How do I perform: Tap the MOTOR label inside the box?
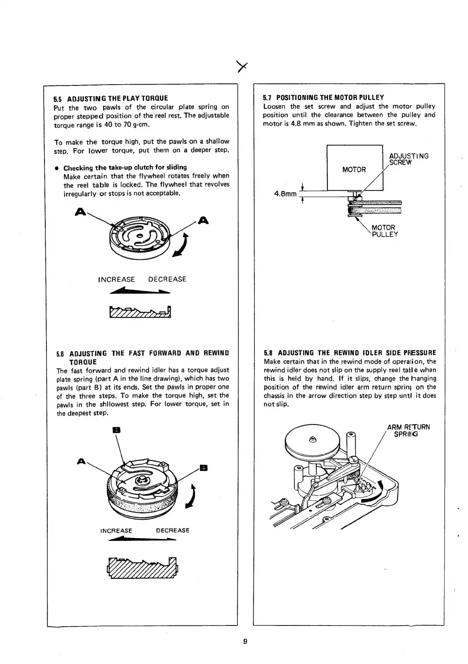pyautogui.click(x=354, y=170)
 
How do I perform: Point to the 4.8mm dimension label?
pyautogui.click(x=285, y=194)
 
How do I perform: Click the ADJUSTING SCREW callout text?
pyautogui.click(x=408, y=159)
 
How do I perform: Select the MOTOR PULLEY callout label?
pyautogui.click(x=384, y=231)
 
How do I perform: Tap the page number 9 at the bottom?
pyautogui.click(x=245, y=641)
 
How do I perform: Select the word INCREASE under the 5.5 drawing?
pyautogui.click(x=116, y=279)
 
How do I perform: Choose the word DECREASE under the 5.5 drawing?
pyautogui.click(x=167, y=279)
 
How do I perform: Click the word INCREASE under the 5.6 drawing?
pyautogui.click(x=116, y=531)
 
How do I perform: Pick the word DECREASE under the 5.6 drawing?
pyautogui.click(x=173, y=531)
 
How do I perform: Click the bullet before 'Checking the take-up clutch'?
pyautogui.click(x=57, y=168)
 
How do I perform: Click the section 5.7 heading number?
pyautogui.click(x=267, y=97)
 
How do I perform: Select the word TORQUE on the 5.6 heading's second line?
pyautogui.click(x=83, y=362)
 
